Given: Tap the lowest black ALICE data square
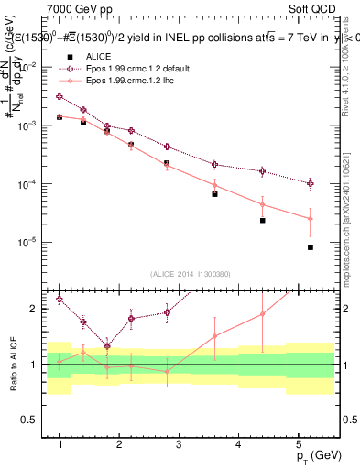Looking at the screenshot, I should [311, 247].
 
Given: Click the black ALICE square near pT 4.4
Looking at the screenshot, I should [262, 221].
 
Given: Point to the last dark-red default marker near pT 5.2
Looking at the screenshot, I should [311, 183].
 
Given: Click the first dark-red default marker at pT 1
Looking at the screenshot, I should [60, 96].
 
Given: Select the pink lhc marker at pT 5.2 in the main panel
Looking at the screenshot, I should [311, 219].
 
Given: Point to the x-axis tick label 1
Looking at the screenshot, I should [60, 444].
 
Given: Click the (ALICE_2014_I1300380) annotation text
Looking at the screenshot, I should [191, 274].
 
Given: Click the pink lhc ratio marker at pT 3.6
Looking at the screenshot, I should [214, 336].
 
